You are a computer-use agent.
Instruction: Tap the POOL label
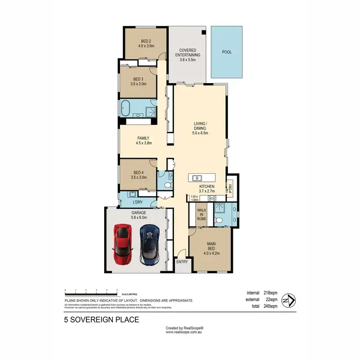click(x=227, y=52)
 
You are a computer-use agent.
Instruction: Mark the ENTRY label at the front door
click(x=182, y=262)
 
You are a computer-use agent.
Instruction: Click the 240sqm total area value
click(x=270, y=306)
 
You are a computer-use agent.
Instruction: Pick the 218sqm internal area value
click(x=270, y=292)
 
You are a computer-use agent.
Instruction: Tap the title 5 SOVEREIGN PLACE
click(x=102, y=319)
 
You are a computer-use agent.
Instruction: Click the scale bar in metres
click(x=91, y=291)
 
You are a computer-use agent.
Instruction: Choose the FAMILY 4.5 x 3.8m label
click(x=143, y=141)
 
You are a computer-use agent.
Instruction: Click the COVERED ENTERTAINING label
click(x=189, y=52)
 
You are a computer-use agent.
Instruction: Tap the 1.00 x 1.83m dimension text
click(x=194, y=198)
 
